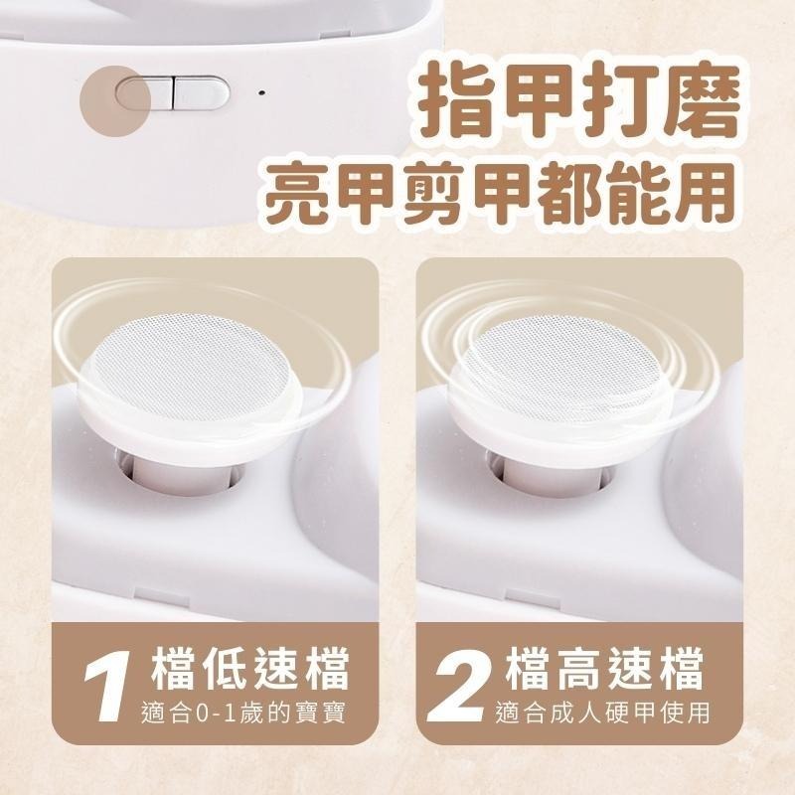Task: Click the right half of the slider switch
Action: (202, 92)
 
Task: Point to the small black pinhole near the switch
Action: (261, 94)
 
